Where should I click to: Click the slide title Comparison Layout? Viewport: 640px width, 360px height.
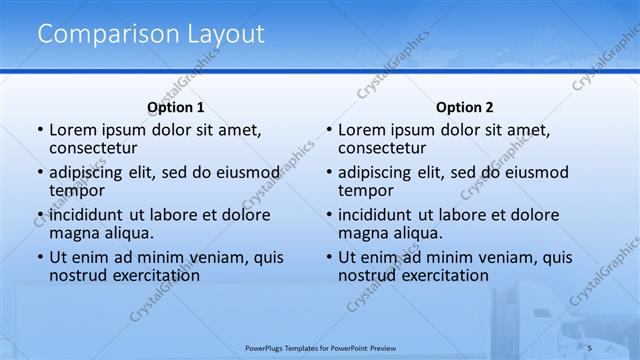tap(151, 34)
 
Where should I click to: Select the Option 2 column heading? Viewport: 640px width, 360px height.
tap(464, 107)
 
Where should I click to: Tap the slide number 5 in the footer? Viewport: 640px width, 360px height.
tap(590, 346)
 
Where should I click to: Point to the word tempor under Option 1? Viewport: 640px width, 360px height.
tap(76, 191)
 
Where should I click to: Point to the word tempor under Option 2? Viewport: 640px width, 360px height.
tap(365, 191)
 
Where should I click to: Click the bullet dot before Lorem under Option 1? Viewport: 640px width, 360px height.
tap(40, 131)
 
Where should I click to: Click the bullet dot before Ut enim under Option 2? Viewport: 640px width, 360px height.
tap(329, 258)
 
